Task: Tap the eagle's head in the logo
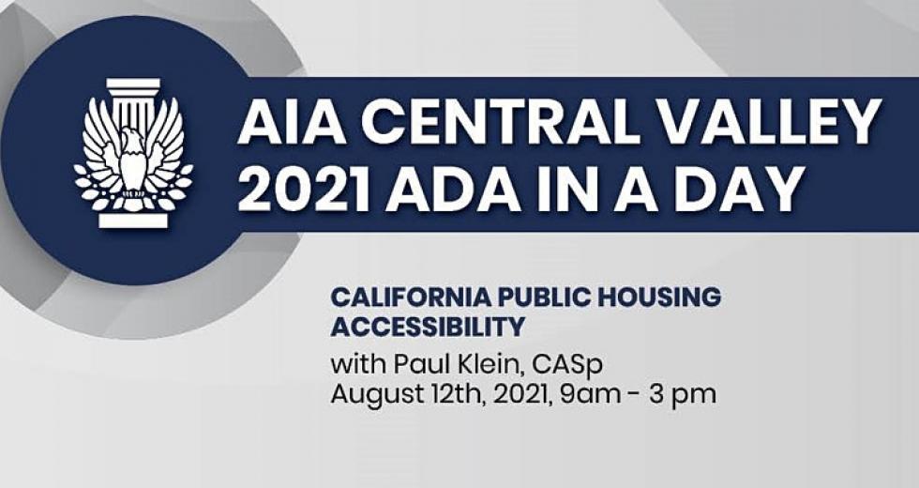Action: pyautogui.click(x=133, y=141)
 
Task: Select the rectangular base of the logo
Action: pyautogui.click(x=133, y=220)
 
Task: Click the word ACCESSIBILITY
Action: pyautogui.click(x=428, y=327)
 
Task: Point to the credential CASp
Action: pyautogui.click(x=568, y=365)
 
